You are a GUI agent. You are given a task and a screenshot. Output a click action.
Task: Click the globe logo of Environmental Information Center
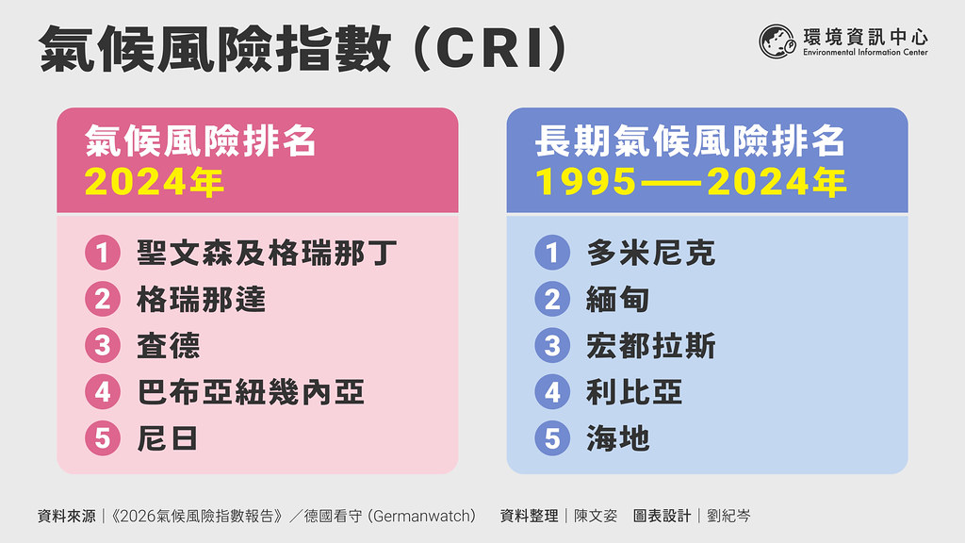tap(777, 41)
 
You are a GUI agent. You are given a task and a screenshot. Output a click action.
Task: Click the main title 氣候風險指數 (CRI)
tap(302, 47)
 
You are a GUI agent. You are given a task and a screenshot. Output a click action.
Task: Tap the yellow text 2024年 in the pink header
tap(155, 182)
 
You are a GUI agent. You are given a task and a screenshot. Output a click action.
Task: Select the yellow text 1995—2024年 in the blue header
tap(690, 182)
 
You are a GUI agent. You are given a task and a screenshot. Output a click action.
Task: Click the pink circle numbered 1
tap(102, 253)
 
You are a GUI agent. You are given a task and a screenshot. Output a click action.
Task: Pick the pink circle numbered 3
tap(102, 346)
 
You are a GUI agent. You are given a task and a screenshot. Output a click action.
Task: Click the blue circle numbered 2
tap(552, 300)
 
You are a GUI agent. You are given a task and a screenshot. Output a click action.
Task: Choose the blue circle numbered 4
tap(552, 392)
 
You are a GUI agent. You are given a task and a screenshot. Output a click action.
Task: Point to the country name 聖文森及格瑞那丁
tap(267, 253)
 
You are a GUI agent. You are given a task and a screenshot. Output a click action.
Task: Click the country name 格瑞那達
tap(202, 300)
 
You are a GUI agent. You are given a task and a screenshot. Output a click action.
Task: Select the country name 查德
tap(169, 346)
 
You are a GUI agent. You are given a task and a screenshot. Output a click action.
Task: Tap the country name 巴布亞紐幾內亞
tap(251, 392)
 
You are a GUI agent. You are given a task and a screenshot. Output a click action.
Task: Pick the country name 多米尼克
tap(651, 253)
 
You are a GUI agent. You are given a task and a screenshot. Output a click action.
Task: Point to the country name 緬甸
tap(618, 300)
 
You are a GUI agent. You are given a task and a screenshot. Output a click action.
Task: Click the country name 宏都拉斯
tap(651, 346)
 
